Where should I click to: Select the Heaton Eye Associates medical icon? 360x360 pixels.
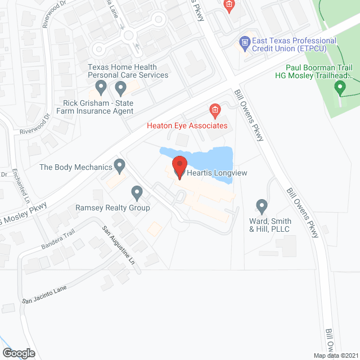pos(214,109)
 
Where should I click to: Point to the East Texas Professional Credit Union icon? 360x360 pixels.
pos(245,42)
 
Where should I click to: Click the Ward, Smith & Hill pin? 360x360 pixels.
pos(261,206)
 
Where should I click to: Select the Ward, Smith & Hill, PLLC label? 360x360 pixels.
pos(269,225)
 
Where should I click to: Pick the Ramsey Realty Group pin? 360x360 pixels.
pos(137,193)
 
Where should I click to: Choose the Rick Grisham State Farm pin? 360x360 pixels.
pos(101,87)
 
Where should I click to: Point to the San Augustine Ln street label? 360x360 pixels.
pos(119,246)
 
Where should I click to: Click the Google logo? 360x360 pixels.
pos(18,353)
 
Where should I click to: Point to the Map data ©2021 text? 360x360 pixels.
pos(335,355)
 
